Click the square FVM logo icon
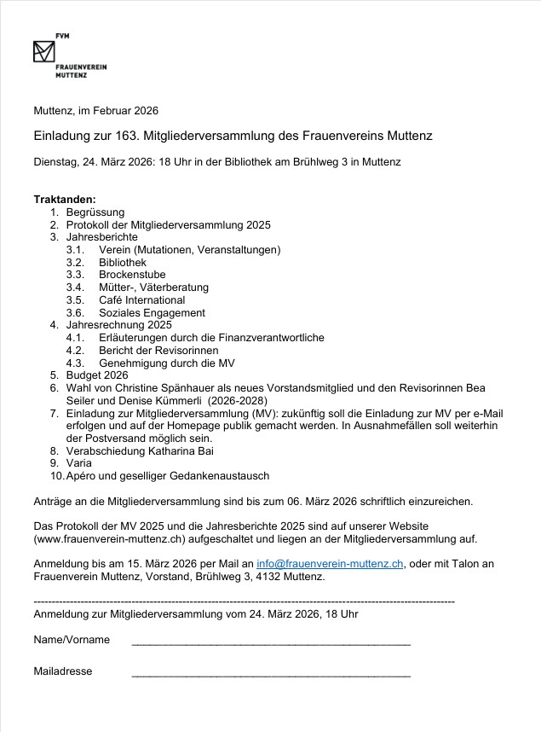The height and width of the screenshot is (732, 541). (43, 51)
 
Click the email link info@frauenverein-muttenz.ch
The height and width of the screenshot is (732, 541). (330, 564)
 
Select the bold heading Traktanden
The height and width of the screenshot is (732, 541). (65, 199)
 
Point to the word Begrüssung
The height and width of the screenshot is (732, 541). (95, 212)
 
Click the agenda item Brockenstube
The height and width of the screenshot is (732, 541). (132, 275)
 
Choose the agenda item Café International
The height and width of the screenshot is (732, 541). (141, 300)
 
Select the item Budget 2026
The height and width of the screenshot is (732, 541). (97, 375)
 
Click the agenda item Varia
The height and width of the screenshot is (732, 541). (79, 463)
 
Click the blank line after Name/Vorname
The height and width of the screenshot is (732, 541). (271, 642)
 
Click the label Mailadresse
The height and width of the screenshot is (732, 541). (63, 671)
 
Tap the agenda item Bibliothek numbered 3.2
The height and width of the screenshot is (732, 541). (123, 262)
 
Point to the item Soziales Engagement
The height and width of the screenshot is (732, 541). (152, 312)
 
